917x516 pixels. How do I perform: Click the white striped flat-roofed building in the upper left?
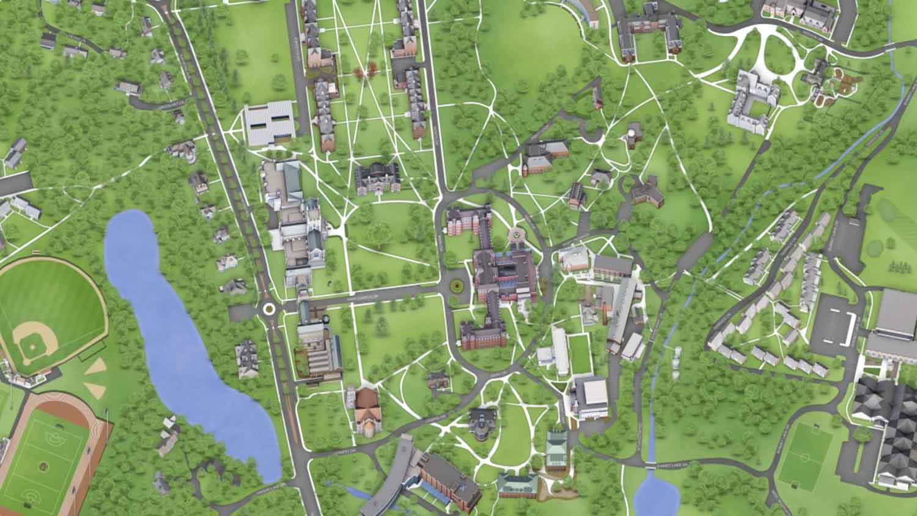click(x=269, y=123)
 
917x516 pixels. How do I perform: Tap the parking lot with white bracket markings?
click(x=834, y=322)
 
